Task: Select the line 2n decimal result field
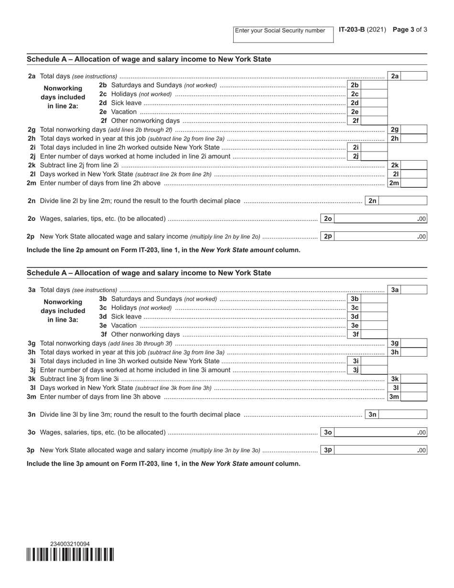(x=403, y=201)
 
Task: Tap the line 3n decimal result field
(x=403, y=414)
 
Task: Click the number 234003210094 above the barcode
(x=70, y=544)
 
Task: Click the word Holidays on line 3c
(x=124, y=308)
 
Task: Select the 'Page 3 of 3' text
(x=410, y=30)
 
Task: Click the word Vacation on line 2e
(x=124, y=112)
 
